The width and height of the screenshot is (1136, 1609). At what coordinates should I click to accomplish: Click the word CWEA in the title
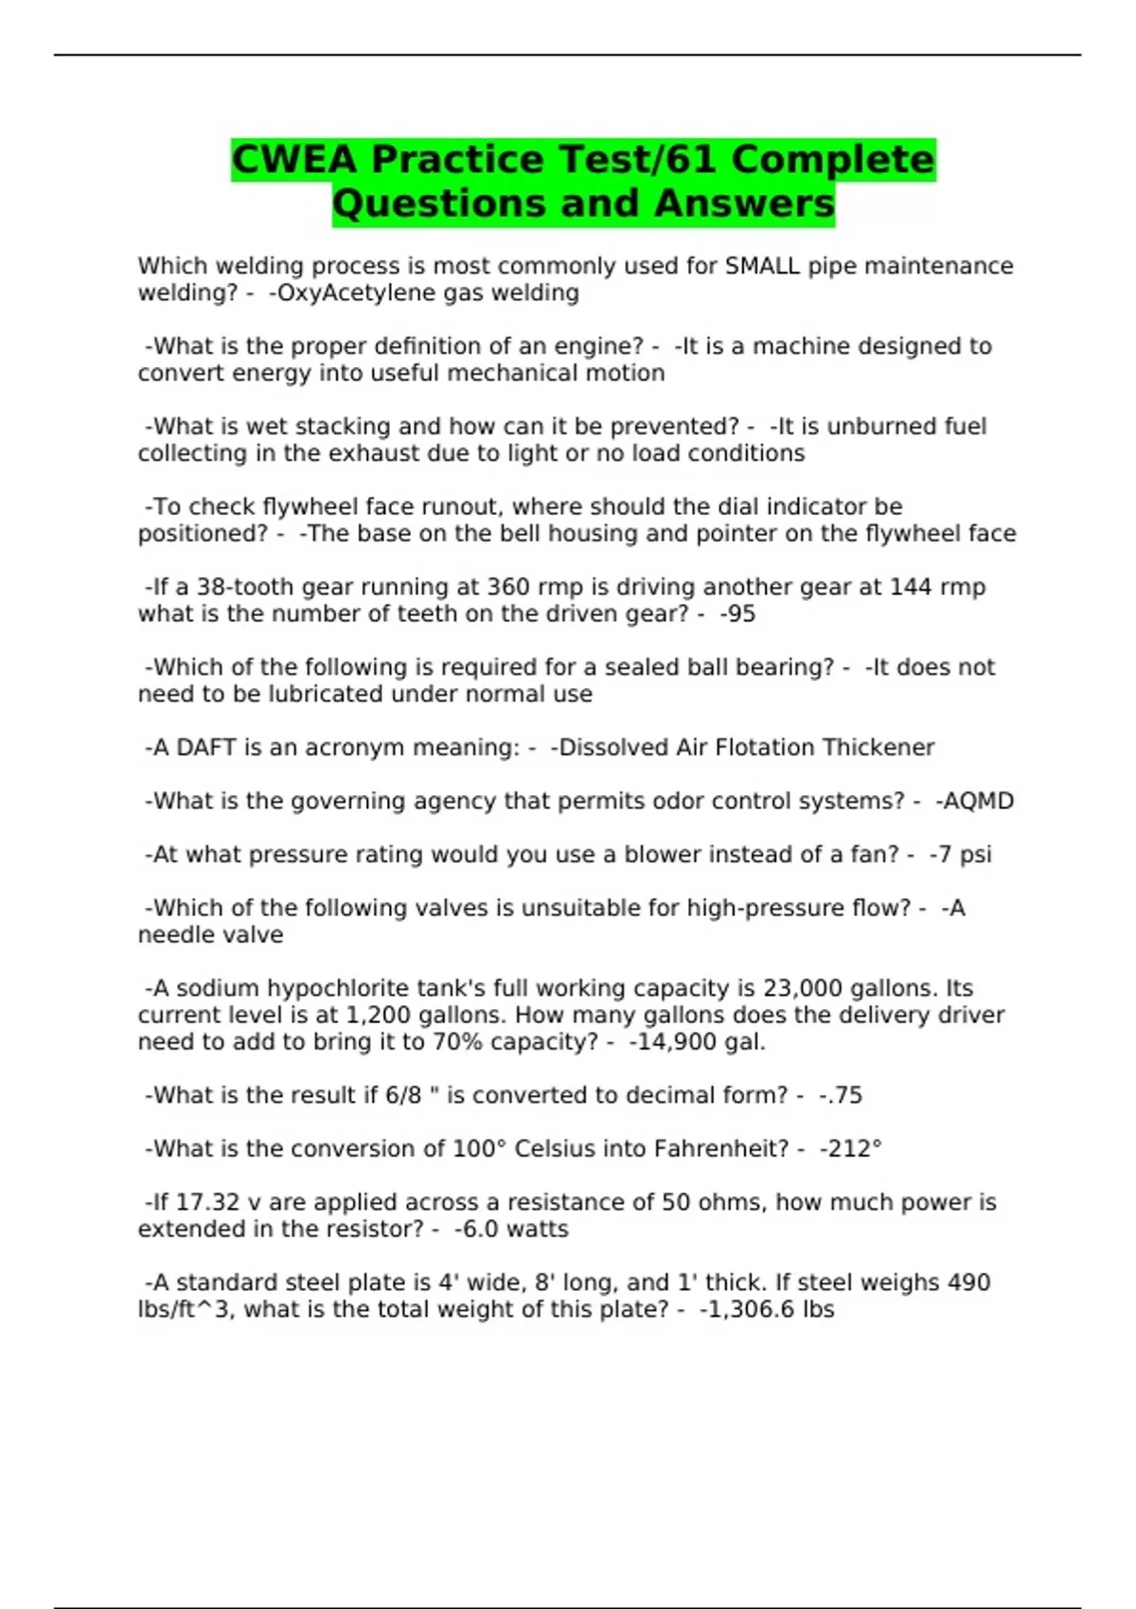294,159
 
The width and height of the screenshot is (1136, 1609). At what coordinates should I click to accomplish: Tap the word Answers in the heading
744,203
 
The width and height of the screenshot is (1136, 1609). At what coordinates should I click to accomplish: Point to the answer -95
737,614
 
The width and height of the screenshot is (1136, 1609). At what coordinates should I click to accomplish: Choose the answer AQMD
977,802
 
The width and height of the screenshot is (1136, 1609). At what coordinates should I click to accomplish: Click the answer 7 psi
962,855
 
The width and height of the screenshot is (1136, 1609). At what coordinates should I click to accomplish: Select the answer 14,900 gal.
699,1042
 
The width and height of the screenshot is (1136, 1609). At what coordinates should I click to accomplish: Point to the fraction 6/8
402,1095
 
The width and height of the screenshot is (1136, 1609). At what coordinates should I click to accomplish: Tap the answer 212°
853,1149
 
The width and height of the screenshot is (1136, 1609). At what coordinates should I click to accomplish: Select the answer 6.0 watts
514,1229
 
